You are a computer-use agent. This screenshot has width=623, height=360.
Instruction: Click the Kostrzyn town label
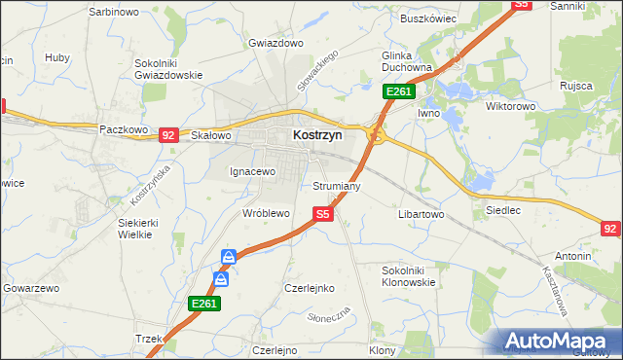coord(317,137)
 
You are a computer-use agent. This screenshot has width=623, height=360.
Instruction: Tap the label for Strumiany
coord(338,185)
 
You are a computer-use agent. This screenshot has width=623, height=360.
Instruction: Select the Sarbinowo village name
coord(112,11)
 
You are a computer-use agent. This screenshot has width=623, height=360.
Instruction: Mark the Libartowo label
coord(421,213)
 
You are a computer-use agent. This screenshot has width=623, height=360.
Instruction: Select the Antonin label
coord(574,256)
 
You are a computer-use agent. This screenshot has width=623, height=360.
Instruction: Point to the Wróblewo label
coord(266,212)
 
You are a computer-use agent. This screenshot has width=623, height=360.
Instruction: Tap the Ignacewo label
coord(253,171)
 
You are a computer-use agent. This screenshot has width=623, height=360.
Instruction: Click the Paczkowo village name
coord(124,128)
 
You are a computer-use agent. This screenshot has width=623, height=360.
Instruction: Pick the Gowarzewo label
coord(32,289)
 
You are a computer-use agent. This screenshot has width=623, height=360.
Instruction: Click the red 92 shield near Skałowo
coord(168,135)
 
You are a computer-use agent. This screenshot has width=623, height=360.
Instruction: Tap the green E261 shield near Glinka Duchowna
coord(399,91)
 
